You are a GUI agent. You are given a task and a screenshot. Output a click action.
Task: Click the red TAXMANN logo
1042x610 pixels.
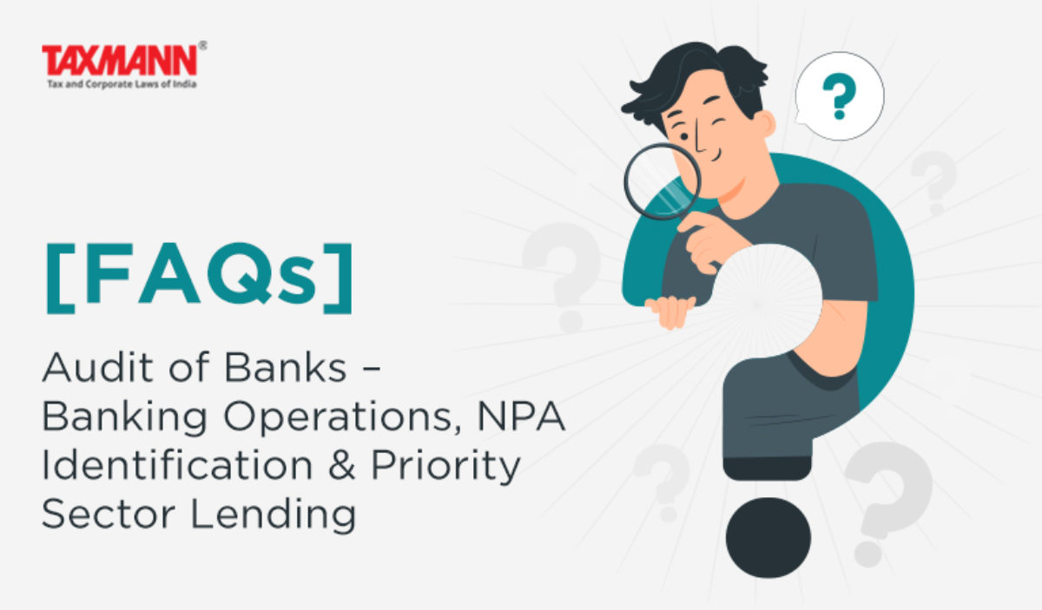[x=120, y=60]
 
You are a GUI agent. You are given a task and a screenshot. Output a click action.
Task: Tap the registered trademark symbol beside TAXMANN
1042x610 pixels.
[x=202, y=46]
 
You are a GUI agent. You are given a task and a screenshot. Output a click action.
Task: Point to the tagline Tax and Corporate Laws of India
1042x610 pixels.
[x=122, y=84]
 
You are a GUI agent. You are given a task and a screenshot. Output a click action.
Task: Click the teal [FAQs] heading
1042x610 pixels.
[x=199, y=278]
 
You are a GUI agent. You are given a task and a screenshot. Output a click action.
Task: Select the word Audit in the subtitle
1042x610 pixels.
[x=97, y=367]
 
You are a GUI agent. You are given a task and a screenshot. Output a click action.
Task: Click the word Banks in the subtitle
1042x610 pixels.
[x=285, y=367]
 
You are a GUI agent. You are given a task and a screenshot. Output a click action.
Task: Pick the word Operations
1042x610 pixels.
[x=338, y=417]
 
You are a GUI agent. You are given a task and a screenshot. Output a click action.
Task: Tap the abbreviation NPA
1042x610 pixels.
[x=522, y=416]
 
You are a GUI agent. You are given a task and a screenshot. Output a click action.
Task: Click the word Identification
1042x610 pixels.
[x=177, y=465]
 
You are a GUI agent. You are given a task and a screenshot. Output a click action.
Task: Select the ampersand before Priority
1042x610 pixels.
[x=342, y=465]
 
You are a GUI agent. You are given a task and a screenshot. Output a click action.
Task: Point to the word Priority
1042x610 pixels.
[x=445, y=468]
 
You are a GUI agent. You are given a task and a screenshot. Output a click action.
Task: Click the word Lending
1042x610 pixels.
[x=274, y=515]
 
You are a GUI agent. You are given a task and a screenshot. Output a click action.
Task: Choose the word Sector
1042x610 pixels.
[x=109, y=514]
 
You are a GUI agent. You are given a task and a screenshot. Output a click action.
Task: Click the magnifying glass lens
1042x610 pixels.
[x=662, y=181]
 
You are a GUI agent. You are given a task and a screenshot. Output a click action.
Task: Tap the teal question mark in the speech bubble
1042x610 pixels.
[x=839, y=95]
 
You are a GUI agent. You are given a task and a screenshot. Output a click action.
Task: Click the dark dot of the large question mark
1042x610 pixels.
[x=768, y=537]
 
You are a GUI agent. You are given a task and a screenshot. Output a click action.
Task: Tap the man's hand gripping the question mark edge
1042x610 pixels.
[x=670, y=312]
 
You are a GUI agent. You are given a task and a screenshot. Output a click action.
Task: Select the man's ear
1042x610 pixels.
[x=768, y=124]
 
